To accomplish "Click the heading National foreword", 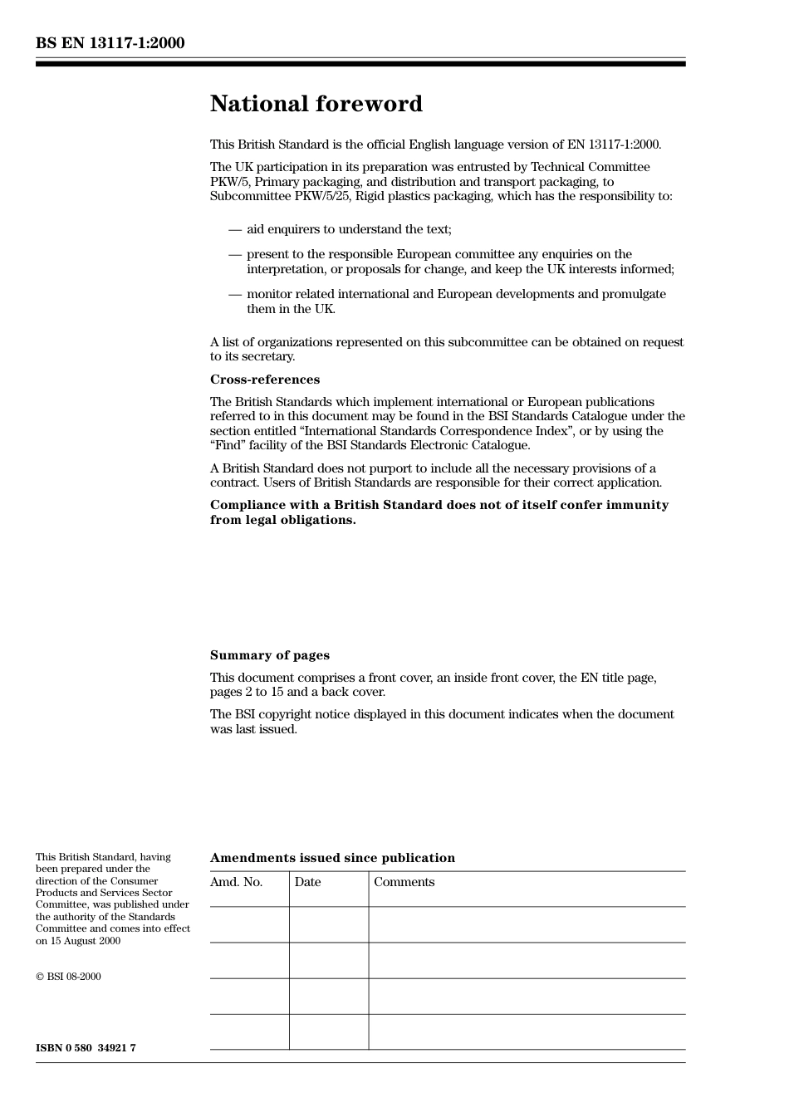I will pyautogui.click(x=316, y=104).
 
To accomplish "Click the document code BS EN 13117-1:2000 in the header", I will pyautogui.click(x=110, y=43).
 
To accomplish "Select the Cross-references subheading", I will pyautogui.click(x=264, y=380).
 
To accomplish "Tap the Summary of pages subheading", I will pyautogui.click(x=269, y=655).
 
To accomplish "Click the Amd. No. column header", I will pyautogui.click(x=236, y=882).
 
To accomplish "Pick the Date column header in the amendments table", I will pyautogui.click(x=307, y=882).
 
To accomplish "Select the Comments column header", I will pyautogui.click(x=404, y=882).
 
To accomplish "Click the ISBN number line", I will pyautogui.click(x=86, y=1048).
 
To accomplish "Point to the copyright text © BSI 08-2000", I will pyautogui.click(x=68, y=977).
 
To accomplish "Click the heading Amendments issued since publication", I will pyautogui.click(x=332, y=858).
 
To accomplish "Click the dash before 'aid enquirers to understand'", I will pyautogui.click(x=235, y=229).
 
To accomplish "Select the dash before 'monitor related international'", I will pyautogui.click(x=235, y=294).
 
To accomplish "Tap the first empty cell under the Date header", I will pyautogui.click(x=329, y=924).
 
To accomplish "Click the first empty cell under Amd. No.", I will pyautogui.click(x=249, y=924).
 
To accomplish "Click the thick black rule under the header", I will pyautogui.click(x=360, y=63).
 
